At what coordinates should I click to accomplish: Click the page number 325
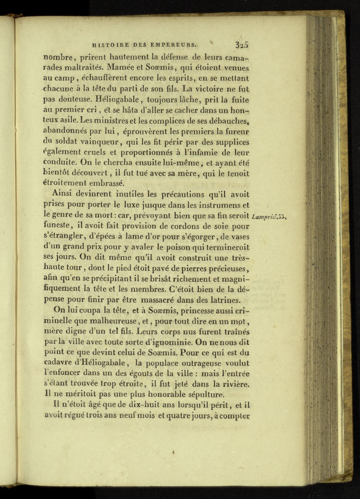tap(241, 44)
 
